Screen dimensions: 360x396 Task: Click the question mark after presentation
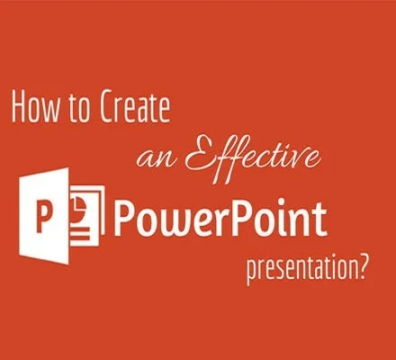362,266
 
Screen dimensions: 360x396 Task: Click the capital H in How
18,107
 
